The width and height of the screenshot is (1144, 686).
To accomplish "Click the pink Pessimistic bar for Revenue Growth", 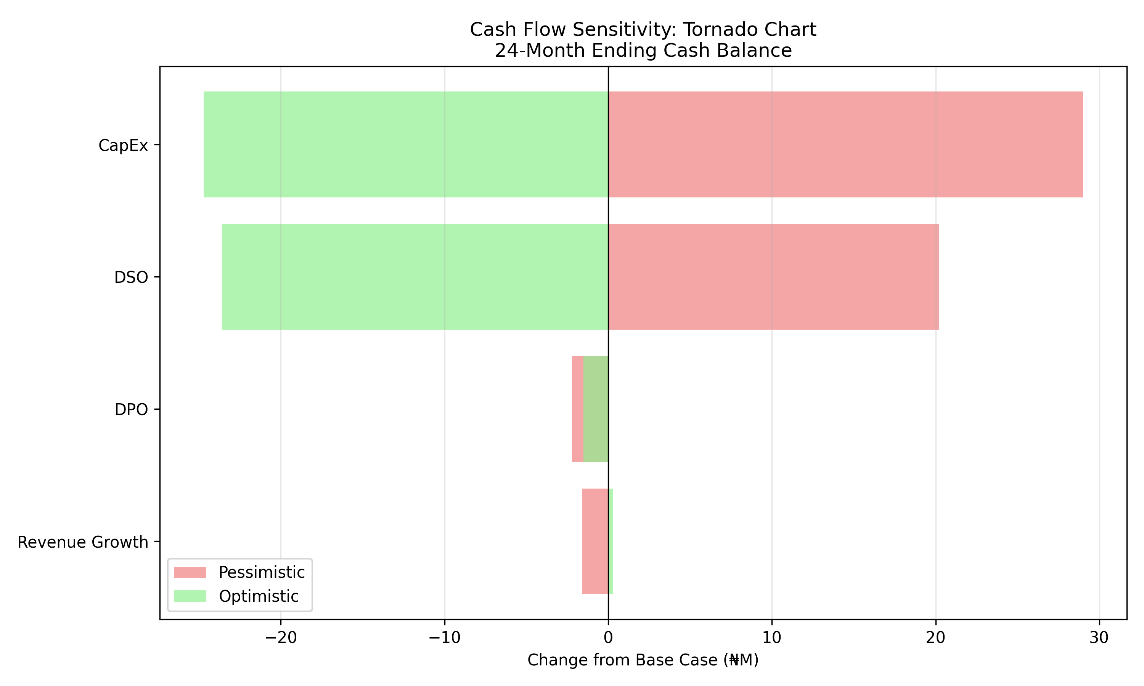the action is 595,541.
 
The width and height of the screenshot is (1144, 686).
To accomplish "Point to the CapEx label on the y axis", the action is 123,146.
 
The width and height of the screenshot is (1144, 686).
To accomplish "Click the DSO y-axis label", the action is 131,277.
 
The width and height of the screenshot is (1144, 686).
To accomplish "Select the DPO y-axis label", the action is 131,410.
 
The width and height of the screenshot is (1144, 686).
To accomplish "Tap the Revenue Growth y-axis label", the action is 83,542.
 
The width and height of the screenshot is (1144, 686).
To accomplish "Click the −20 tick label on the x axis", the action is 280,638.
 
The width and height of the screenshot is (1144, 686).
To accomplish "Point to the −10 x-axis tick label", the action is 444,638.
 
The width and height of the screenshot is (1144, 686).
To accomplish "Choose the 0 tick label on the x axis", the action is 608,638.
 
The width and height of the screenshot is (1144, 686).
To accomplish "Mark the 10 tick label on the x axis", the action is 772,638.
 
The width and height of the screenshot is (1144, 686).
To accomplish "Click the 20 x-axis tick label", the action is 935,638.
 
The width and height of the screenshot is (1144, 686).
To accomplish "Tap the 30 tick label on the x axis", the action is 1099,638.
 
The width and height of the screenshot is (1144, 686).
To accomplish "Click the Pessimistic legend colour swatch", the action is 190,572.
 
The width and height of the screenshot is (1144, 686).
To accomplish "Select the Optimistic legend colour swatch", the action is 190,596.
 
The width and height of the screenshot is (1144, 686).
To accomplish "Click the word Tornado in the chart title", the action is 715,30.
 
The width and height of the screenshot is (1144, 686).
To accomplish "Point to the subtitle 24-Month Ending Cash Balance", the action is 643,50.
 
